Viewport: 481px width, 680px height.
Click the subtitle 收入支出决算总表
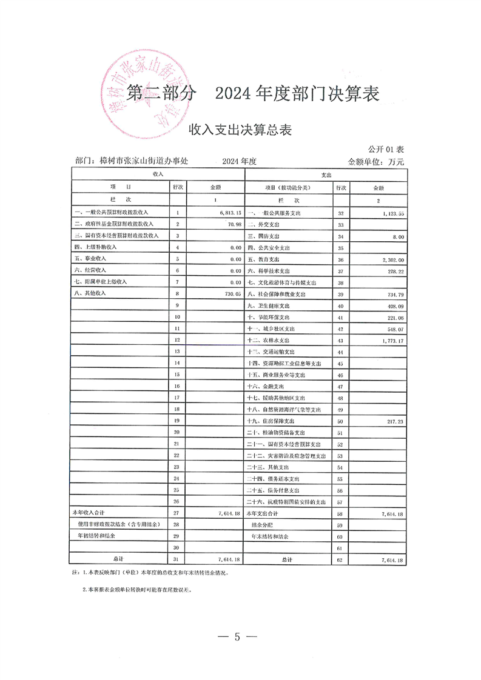(241, 129)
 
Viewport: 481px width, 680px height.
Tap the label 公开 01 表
(386, 149)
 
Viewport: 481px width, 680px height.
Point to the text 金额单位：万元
(375, 161)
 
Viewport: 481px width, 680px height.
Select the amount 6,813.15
(227, 213)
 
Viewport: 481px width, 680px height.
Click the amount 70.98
(234, 225)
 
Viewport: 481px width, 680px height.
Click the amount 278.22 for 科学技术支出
(395, 271)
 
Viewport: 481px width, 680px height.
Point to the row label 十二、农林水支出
(272, 340)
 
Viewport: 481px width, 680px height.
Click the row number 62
(340, 559)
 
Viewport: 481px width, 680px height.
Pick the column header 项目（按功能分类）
(288, 188)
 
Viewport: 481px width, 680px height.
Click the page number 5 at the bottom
(238, 636)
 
